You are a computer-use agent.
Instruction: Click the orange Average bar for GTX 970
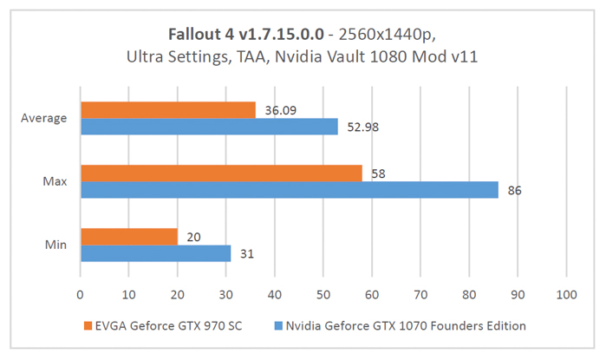(x=167, y=109)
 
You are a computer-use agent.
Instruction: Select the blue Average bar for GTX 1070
(x=209, y=127)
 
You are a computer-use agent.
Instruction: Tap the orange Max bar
(x=221, y=173)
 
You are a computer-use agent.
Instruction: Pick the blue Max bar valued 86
(x=289, y=190)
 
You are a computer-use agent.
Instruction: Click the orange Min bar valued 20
(x=128, y=236)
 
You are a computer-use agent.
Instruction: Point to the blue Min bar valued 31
(x=155, y=253)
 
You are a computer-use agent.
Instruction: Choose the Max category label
(x=55, y=181)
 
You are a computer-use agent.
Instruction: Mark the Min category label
(x=56, y=245)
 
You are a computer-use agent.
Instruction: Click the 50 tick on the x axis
(x=323, y=294)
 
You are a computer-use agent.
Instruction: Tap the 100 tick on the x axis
(x=566, y=294)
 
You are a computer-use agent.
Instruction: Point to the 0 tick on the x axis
(x=80, y=294)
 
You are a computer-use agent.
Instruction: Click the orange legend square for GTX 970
(x=88, y=326)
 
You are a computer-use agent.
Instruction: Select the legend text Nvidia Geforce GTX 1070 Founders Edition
(x=407, y=326)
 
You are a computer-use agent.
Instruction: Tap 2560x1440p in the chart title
(x=388, y=35)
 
